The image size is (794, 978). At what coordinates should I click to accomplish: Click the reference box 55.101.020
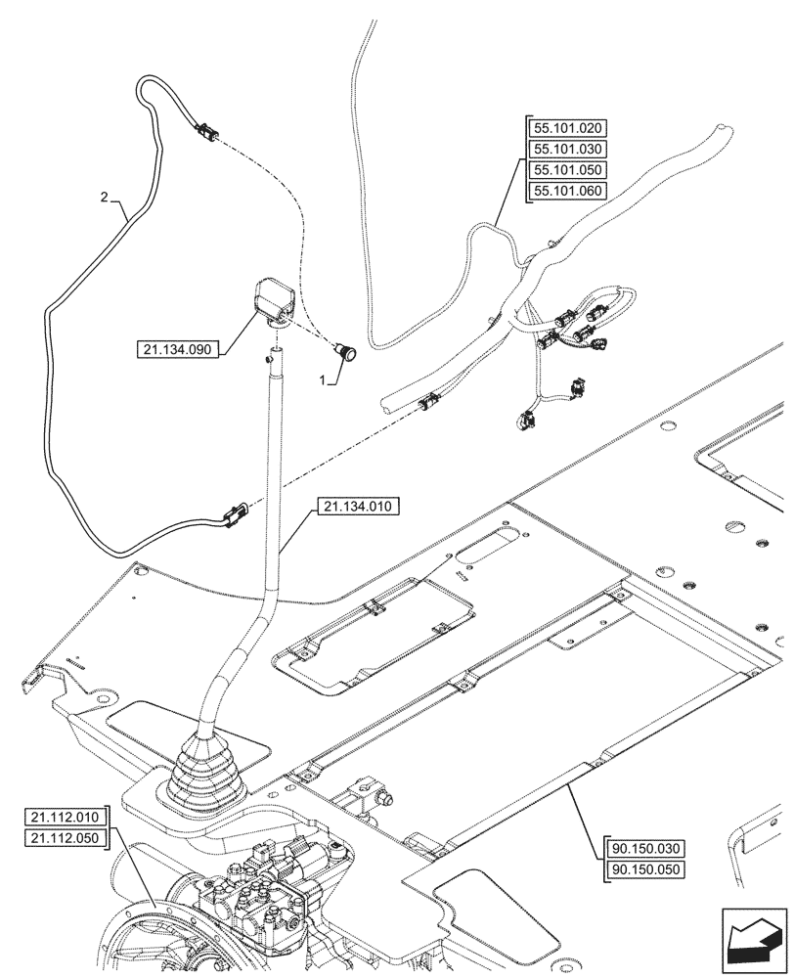click(568, 128)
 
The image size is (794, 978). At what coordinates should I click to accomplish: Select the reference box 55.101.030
click(568, 150)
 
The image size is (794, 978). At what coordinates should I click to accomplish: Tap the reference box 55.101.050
click(568, 170)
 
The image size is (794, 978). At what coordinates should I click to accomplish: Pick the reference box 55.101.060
click(568, 192)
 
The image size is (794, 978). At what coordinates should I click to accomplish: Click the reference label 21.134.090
click(180, 347)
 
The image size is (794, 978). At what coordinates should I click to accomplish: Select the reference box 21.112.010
click(64, 818)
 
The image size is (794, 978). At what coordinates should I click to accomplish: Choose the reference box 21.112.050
click(64, 839)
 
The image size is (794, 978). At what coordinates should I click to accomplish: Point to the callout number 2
click(104, 198)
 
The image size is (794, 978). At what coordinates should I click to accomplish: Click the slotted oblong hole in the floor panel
click(498, 546)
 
